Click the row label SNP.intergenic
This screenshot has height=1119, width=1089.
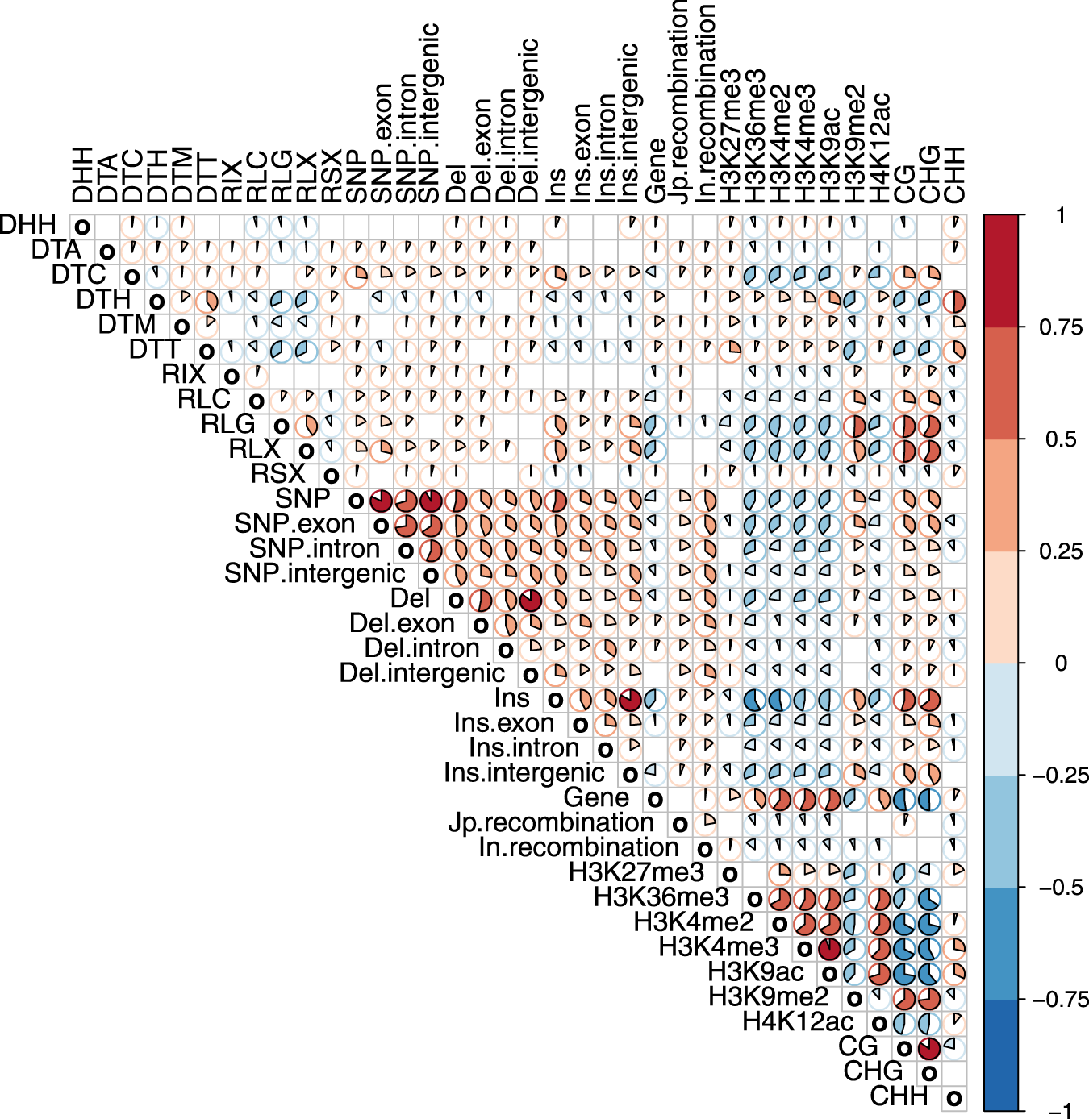coord(315,574)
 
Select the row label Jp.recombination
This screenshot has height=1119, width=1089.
coord(551,823)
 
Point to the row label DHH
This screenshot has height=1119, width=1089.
coord(28,225)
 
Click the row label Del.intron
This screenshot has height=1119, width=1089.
coord(422,649)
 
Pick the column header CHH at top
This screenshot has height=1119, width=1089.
coord(954,174)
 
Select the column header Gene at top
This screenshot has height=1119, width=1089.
coord(655,171)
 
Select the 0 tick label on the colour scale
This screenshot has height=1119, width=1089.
coord(1060,663)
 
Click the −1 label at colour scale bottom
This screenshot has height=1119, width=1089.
coord(1063,1111)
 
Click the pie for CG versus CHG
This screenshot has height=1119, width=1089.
coord(929,1048)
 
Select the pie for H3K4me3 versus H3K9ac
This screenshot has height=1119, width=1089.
coord(829,948)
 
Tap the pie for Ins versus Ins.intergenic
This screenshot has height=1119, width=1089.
coord(630,699)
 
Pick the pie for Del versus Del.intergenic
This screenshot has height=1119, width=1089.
coord(530,600)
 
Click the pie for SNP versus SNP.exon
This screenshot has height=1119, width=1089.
coord(381,501)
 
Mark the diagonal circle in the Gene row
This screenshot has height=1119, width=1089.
coord(655,799)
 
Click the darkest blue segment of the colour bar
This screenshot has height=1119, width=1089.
coord(1001,1055)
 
